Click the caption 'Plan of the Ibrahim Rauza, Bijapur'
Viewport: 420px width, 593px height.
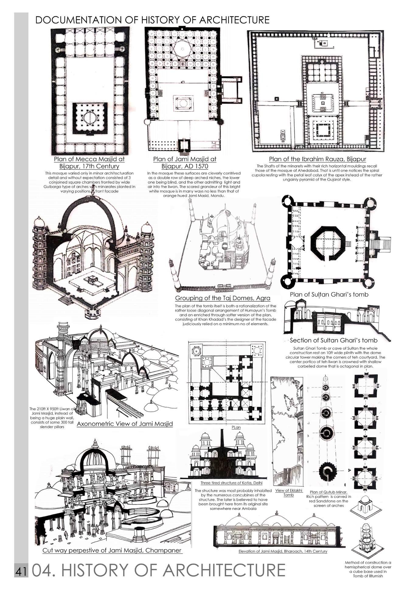317,159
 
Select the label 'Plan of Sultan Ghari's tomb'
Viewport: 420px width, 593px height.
329,295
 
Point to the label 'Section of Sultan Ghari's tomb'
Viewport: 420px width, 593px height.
333,340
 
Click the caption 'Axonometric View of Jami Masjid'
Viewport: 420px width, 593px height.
125,424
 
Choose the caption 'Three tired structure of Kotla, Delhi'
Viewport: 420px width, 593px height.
231,483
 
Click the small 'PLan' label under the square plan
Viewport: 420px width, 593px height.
236,427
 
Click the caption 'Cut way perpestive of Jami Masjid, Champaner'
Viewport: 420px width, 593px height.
112,550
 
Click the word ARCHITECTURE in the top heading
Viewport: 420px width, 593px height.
234,20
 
